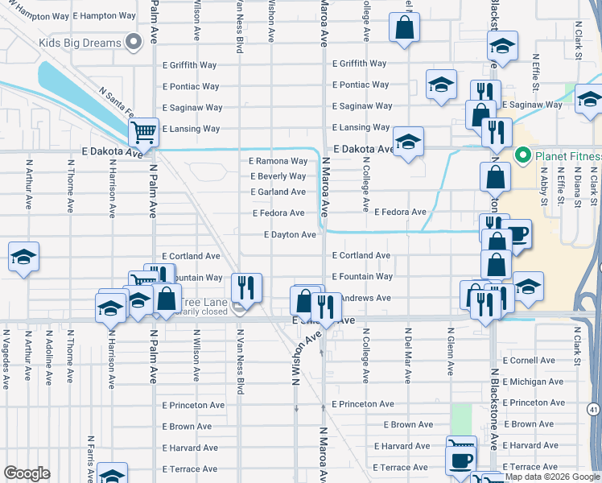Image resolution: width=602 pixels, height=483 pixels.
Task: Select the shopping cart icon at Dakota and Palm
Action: click(143, 131)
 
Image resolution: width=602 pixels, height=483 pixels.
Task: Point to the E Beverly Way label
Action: click(278, 176)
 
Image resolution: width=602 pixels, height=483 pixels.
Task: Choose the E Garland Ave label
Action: click(278, 192)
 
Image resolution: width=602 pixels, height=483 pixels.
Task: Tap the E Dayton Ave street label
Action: click(290, 235)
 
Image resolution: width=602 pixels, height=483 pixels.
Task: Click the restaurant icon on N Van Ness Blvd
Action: click(246, 287)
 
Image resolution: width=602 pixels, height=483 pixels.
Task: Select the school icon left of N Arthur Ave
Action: click(23, 257)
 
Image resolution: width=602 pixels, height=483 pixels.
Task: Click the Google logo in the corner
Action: click(27, 473)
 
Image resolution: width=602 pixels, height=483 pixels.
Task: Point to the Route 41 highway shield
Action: click(593, 411)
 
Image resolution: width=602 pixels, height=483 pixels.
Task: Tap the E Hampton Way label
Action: click(104, 15)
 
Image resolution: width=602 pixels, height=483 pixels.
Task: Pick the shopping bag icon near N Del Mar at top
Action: click(405, 28)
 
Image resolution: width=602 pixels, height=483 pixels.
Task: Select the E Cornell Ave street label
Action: click(528, 361)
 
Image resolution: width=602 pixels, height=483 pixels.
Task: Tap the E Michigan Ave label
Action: click(532, 382)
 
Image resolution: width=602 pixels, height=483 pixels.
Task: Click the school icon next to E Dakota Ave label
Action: click(409, 143)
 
